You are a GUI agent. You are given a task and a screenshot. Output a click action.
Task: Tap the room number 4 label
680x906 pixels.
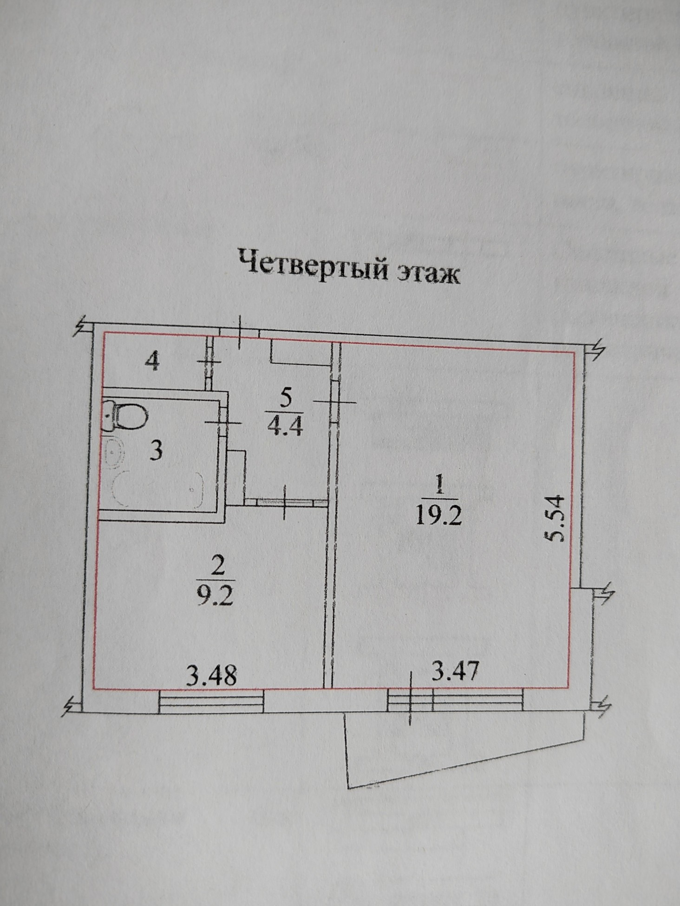(x=152, y=362)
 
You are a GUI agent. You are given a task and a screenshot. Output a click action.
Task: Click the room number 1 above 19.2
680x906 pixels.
(x=439, y=486)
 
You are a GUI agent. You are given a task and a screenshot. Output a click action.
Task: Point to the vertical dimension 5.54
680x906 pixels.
(x=556, y=518)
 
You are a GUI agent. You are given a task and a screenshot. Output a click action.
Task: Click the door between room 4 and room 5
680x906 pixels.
(x=209, y=362)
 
